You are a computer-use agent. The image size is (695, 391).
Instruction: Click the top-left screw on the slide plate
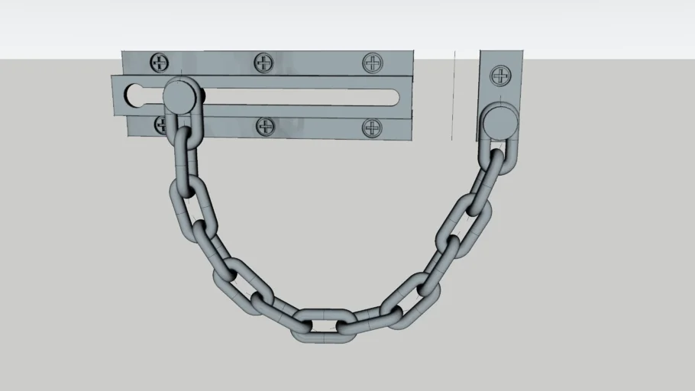(x=160, y=62)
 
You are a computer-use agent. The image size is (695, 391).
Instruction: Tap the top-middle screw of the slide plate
(x=263, y=62)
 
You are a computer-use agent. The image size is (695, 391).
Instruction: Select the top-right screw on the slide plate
(x=372, y=62)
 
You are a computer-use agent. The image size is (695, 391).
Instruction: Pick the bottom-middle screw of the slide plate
(x=265, y=126)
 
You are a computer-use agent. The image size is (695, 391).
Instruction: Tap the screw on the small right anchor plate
(x=501, y=75)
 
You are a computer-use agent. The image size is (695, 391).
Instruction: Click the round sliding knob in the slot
(x=179, y=95)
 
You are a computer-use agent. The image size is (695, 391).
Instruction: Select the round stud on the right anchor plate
(x=499, y=121)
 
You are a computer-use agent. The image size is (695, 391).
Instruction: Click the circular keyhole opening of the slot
(x=136, y=97)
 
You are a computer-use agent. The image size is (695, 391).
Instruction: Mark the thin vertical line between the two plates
(x=454, y=95)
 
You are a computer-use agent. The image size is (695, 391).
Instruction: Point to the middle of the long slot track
(x=298, y=97)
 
